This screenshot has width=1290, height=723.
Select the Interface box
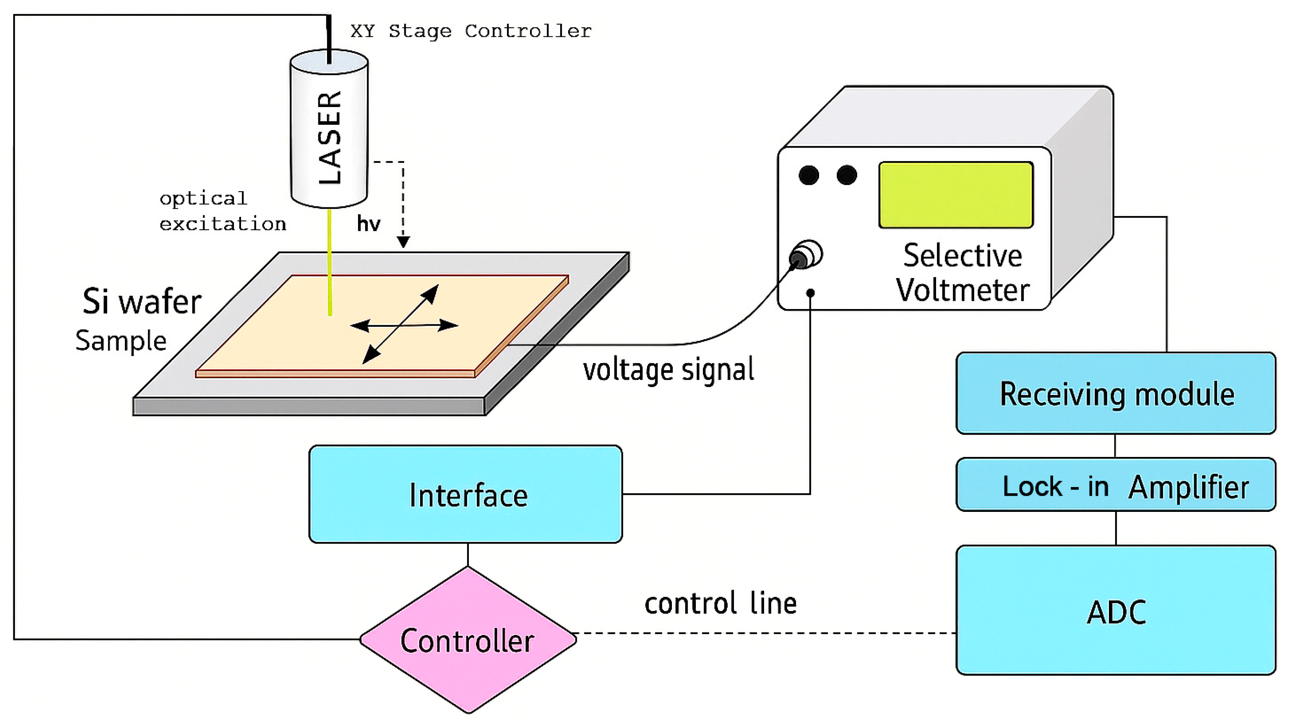[x=466, y=495]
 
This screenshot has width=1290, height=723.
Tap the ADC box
[x=1116, y=611]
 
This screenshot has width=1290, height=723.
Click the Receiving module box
[x=1116, y=394]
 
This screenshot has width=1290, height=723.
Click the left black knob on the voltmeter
[x=809, y=175]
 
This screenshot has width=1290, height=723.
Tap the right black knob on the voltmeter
[x=847, y=175]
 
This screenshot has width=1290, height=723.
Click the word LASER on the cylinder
[x=330, y=138]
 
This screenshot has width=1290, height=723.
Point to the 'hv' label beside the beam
[x=368, y=224]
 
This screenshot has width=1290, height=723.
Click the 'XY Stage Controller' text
[x=471, y=31]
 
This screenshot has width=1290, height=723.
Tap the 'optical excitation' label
[x=222, y=211]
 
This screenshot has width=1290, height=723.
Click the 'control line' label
[x=720, y=604]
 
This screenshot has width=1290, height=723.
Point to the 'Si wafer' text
[x=142, y=302]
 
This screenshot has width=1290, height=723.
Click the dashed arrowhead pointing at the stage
[x=403, y=242]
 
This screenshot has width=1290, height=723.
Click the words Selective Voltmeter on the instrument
[x=962, y=273]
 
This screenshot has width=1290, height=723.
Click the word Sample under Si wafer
[x=121, y=341]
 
